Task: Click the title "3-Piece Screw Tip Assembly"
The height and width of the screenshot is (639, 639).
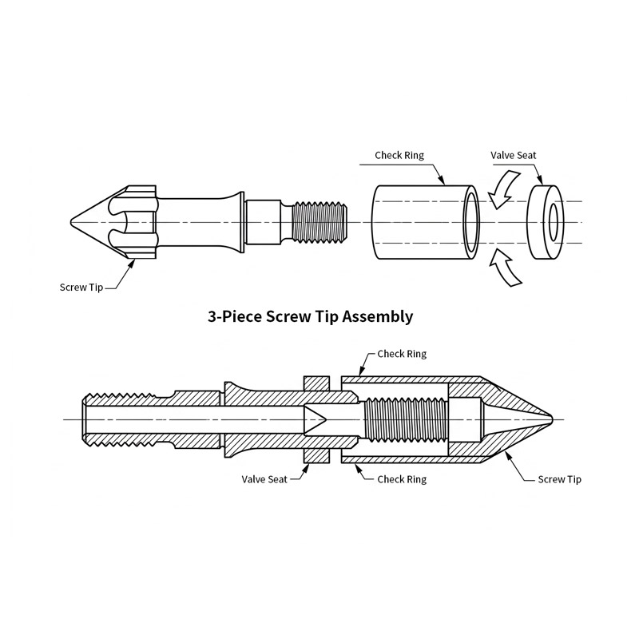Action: click(x=311, y=316)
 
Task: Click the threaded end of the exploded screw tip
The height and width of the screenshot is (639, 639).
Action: click(x=319, y=221)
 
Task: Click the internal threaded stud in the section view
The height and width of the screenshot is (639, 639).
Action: click(x=403, y=419)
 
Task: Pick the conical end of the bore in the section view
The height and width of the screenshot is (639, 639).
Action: click(x=316, y=419)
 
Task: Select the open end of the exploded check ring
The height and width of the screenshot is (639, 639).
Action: click(x=470, y=222)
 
